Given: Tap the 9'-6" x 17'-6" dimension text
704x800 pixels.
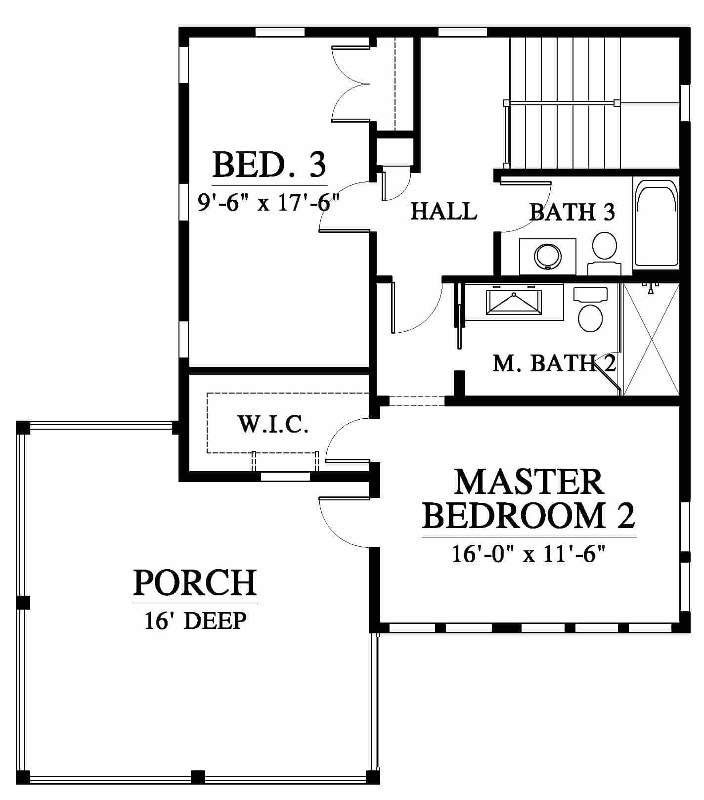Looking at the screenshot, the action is click(x=269, y=202).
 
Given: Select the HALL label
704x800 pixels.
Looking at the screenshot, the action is click(x=444, y=211).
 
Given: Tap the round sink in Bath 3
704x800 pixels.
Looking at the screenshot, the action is click(x=548, y=256).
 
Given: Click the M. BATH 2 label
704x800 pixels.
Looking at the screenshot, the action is click(x=554, y=363).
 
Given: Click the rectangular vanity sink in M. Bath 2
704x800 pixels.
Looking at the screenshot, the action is click(x=514, y=303).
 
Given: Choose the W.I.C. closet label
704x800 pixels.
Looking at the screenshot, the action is click(x=273, y=424).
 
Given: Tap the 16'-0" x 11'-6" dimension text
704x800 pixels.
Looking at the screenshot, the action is click(x=529, y=554).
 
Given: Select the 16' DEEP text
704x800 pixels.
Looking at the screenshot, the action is click(x=195, y=620).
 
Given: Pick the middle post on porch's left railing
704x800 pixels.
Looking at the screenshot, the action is click(x=23, y=603).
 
